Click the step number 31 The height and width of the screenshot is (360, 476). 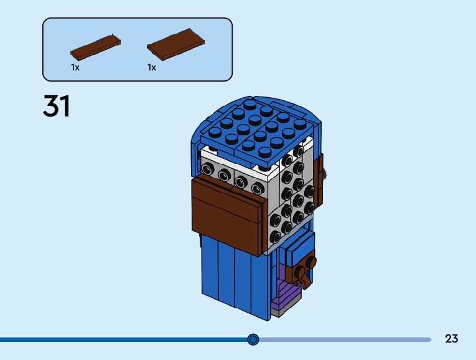click(57, 107)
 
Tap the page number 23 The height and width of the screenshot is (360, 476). click(452, 339)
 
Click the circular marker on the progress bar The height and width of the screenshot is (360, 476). click(253, 339)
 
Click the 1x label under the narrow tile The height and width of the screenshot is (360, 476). click(75, 67)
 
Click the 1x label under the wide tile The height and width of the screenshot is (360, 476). click(152, 67)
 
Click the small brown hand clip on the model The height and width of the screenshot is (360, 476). click(305, 268)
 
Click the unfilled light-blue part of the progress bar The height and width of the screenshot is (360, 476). click(342, 339)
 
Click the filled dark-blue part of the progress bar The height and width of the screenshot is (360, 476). click(124, 339)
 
